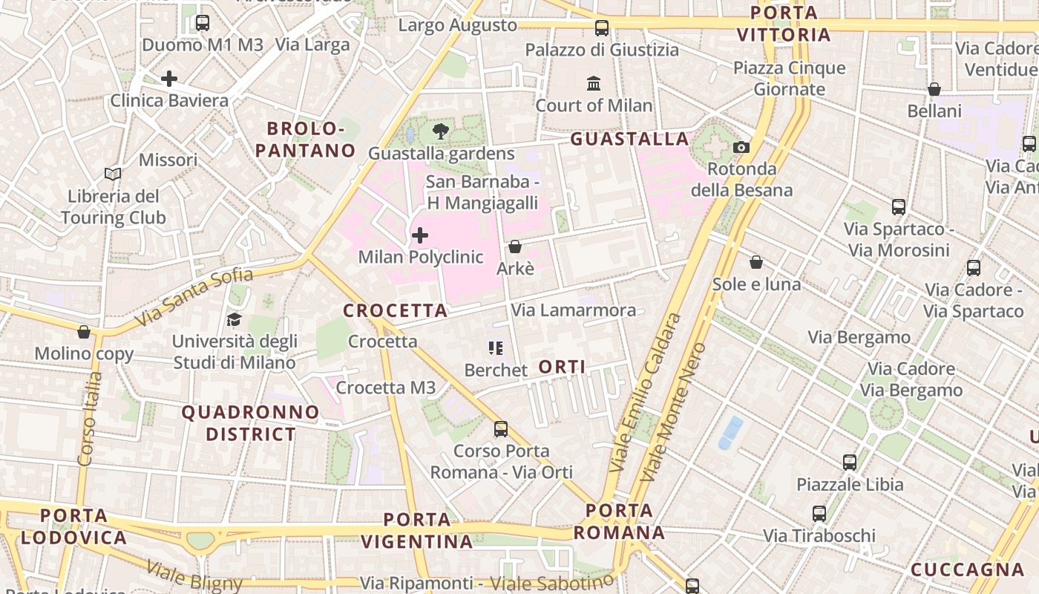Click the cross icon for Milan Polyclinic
(420, 236)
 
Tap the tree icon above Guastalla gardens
(441, 132)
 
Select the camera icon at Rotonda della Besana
(741, 147)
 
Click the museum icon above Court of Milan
(594, 83)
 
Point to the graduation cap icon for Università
(235, 320)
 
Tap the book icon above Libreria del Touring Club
(113, 174)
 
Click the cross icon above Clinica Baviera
(169, 79)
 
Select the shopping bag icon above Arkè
(515, 247)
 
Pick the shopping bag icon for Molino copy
(84, 332)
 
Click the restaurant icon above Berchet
(496, 348)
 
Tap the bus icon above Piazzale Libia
(850, 463)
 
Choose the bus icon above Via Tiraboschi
(819, 514)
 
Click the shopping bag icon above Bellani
(934, 90)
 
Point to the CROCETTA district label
(396, 311)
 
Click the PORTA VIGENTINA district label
(417, 530)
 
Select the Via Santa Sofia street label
(194, 297)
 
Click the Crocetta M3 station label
(386, 388)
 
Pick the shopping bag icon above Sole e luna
(756, 262)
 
